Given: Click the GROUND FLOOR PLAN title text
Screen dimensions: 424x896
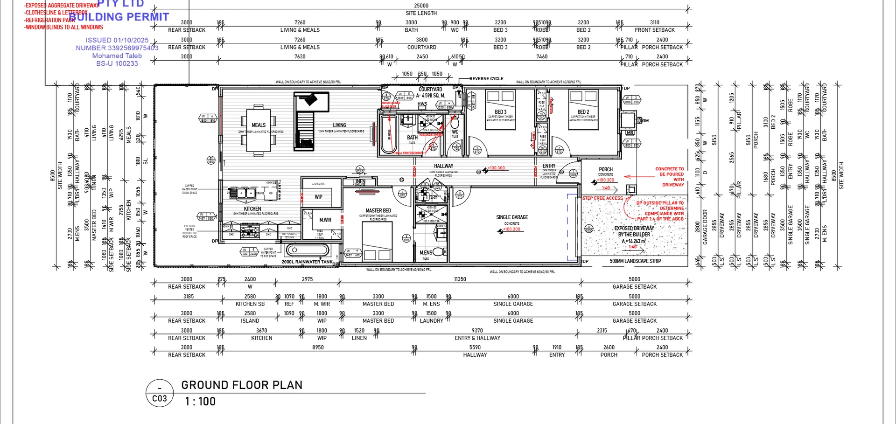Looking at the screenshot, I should tap(242, 385).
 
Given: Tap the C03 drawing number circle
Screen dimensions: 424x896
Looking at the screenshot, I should tap(160, 394).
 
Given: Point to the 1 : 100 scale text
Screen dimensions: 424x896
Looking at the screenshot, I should tap(200, 402).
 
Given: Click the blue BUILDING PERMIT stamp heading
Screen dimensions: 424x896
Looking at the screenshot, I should tap(119, 17).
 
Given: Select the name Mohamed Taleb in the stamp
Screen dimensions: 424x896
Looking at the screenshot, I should tap(117, 56).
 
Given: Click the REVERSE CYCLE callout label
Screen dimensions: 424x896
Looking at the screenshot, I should tap(486, 79).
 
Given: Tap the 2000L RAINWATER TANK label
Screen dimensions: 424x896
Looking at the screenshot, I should tap(307, 262).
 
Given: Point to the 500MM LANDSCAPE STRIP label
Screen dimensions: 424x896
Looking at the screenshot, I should tap(635, 261).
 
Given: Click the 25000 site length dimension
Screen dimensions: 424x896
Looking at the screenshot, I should tap(421, 6).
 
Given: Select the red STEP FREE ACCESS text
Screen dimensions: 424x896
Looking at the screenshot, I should tap(602, 198).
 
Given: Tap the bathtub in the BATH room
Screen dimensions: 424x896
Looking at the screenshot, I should tap(388, 134).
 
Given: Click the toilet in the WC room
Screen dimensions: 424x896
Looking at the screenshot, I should tap(455, 123).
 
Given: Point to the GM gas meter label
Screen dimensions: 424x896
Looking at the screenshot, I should tap(645, 121).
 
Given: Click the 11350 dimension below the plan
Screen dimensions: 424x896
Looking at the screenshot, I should tap(460, 279).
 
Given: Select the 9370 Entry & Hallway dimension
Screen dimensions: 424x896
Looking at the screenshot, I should tap(477, 331).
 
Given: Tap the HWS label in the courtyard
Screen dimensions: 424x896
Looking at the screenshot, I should tap(422, 104).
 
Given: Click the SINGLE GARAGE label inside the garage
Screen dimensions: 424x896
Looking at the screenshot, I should tap(512, 217).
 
